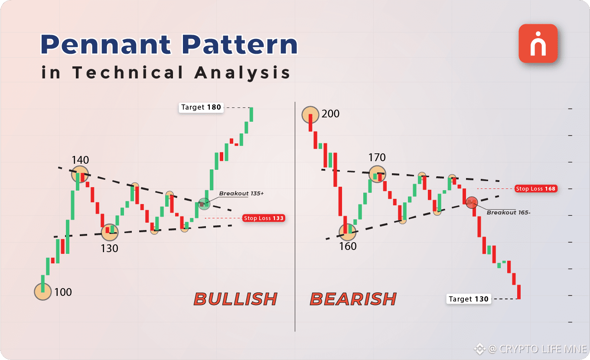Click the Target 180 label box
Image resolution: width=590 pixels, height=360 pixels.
click(201, 107)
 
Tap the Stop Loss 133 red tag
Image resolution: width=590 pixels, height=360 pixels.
click(264, 218)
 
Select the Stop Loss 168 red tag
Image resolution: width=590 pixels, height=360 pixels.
click(536, 189)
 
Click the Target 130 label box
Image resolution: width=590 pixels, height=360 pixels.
click(469, 299)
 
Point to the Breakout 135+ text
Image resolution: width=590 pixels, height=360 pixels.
click(241, 193)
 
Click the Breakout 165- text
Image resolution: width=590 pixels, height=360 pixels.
click(509, 212)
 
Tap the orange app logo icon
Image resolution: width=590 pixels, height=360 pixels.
click(538, 43)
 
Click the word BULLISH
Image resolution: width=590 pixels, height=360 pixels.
click(235, 299)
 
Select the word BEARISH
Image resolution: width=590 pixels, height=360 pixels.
click(353, 299)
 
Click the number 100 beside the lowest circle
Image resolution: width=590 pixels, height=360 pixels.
click(63, 292)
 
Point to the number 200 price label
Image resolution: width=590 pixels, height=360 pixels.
click(330, 114)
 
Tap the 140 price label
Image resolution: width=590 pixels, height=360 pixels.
click(80, 160)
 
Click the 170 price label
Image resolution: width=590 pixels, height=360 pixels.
click(377, 157)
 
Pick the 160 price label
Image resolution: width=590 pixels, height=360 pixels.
click(348, 246)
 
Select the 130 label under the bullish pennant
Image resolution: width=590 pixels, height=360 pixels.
click(109, 248)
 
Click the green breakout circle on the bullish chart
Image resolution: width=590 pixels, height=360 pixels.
click(204, 204)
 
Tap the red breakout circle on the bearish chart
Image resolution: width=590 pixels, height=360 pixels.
click(472, 203)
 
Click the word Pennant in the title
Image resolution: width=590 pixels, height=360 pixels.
click(106, 44)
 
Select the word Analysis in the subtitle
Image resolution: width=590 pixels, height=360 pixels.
click(242, 73)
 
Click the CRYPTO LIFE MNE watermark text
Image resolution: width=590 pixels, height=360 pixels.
click(543, 349)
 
